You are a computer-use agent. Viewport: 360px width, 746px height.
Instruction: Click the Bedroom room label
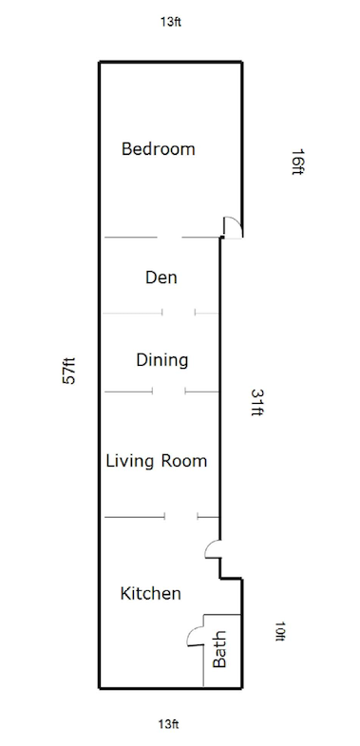[x=158, y=149]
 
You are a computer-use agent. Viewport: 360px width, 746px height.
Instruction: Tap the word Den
[x=161, y=277]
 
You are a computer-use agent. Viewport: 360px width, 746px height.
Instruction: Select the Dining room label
[x=161, y=360]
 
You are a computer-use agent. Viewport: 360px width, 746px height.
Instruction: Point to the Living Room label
[x=156, y=461]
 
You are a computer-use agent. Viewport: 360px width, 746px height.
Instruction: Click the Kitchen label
[x=150, y=593]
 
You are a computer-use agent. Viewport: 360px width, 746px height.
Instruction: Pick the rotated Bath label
[x=219, y=649]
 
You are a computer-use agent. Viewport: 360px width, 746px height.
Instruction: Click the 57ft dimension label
[x=69, y=371]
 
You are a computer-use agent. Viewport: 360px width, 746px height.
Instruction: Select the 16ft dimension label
[x=297, y=163]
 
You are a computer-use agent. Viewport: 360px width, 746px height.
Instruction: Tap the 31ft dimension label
[x=256, y=403]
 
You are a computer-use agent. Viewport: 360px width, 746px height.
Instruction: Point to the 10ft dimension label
[x=280, y=631]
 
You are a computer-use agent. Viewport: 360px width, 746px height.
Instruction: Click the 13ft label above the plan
[x=170, y=22]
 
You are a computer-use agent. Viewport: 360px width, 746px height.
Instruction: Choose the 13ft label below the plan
[x=168, y=724]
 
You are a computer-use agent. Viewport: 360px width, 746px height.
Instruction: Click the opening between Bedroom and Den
[x=169, y=237]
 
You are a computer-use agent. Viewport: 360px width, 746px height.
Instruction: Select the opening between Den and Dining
[x=179, y=313]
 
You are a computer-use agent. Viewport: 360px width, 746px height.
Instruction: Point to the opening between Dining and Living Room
[x=169, y=392]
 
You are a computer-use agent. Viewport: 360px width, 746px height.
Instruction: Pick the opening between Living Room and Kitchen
[x=181, y=516]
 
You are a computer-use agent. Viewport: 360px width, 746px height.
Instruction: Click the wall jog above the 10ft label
[x=231, y=579]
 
